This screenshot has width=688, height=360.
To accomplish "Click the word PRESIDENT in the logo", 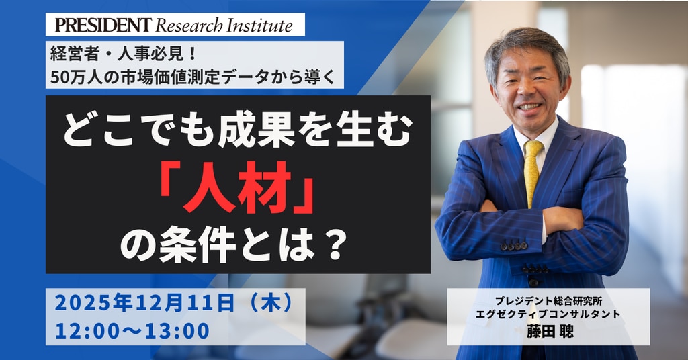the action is [103, 25].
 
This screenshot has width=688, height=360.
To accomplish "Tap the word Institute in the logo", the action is [260, 25].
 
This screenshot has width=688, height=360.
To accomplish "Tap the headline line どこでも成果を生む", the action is [239, 131].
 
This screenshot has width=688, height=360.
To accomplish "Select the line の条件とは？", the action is [234, 246].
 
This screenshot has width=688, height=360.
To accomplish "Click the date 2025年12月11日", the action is [144, 304].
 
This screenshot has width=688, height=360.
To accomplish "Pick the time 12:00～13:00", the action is [132, 331].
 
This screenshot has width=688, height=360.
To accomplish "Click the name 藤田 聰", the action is [550, 330].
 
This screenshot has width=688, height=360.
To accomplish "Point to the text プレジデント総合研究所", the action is [548, 301].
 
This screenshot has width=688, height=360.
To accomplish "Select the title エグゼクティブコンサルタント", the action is [548, 314].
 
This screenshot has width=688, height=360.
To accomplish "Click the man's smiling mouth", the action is [529, 107].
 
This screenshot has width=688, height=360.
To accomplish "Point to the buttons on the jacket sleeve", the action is [514, 246].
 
